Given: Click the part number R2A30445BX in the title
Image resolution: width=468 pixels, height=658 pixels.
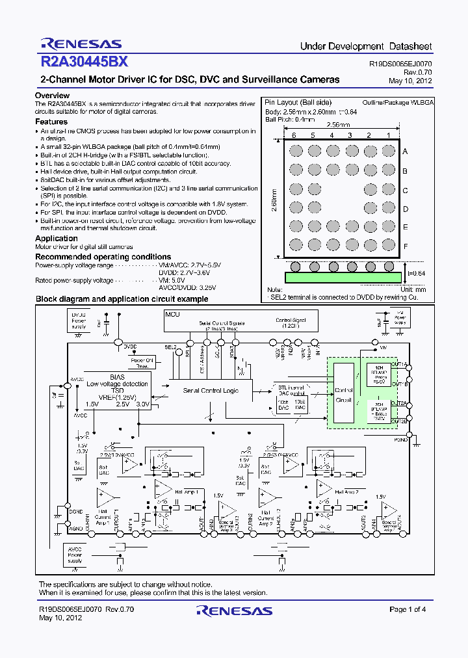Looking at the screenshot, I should [84, 62].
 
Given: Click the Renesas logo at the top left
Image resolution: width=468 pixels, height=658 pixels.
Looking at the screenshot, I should [81, 44].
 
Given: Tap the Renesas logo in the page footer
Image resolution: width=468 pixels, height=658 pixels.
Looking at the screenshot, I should [234, 611].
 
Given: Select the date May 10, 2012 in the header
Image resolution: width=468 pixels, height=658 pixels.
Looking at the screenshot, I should [410, 81].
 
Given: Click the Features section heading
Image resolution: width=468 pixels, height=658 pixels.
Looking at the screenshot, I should [51, 122].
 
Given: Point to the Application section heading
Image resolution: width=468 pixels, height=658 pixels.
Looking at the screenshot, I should [57, 239].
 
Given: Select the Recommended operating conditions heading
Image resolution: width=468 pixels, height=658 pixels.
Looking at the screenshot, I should [103, 257].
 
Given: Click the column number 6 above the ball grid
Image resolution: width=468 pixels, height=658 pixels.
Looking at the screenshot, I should [294, 135].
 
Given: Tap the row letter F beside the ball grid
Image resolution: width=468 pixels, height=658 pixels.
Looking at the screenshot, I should [405, 247].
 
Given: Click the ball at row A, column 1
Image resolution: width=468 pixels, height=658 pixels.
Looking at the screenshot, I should [388, 151].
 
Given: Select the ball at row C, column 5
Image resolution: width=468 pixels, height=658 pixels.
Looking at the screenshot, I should [313, 189].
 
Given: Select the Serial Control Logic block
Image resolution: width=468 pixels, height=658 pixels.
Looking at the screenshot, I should [211, 390].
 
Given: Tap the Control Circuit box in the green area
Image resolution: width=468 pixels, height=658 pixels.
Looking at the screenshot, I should [343, 395].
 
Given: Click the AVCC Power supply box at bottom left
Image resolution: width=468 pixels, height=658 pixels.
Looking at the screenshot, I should [75, 554].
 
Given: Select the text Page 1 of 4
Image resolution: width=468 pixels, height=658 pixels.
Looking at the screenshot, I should [408, 609].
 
